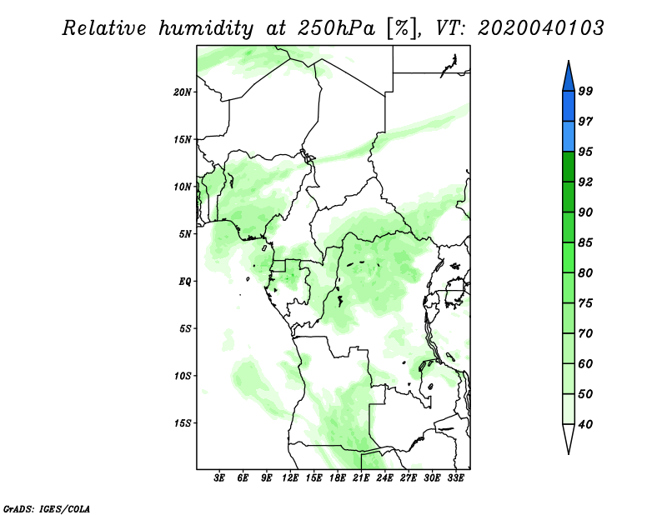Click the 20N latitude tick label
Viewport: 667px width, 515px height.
[183, 92]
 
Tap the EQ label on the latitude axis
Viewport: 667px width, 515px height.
[185, 282]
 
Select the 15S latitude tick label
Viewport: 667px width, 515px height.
[183, 423]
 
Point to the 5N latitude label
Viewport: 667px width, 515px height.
[185, 234]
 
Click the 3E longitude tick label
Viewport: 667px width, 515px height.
[218, 478]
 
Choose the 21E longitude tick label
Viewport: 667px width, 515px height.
[361, 478]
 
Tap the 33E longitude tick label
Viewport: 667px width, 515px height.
[455, 478]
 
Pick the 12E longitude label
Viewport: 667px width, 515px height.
[289, 478]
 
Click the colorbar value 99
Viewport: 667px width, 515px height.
[585, 91]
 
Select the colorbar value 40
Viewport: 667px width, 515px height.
[585, 424]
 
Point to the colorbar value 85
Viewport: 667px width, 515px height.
[585, 242]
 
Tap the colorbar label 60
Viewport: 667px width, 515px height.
[585, 363]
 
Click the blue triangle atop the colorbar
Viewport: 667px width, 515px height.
[569, 78]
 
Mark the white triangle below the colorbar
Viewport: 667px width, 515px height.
[569, 436]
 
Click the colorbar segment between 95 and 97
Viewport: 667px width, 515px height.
[569, 137]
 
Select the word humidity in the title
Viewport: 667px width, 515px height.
[206, 29]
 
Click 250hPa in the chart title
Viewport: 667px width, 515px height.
[336, 28]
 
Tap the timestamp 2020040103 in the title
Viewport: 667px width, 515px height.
[540, 28]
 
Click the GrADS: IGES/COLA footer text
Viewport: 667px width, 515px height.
[47, 508]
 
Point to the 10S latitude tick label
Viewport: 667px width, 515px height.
[183, 376]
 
